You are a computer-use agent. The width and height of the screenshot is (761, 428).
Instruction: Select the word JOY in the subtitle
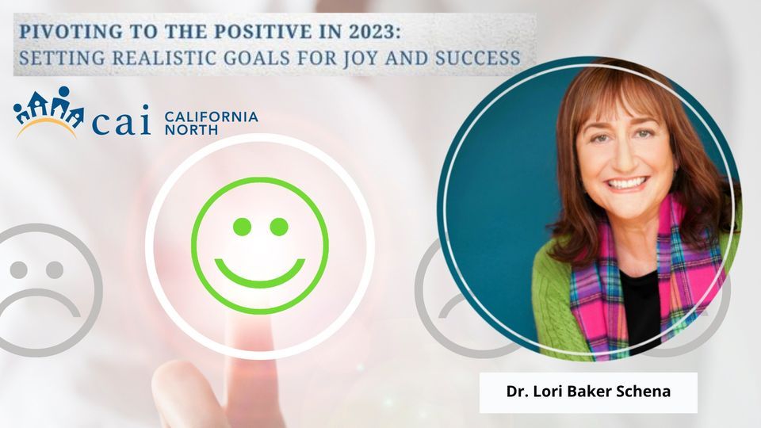[361, 58]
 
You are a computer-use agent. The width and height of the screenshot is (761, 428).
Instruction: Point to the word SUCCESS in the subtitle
[477, 58]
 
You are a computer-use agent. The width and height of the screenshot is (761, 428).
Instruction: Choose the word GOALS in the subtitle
[256, 58]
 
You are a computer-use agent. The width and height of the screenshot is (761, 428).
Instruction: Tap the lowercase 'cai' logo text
[121, 120]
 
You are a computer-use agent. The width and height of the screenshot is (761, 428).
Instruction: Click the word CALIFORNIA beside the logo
[211, 117]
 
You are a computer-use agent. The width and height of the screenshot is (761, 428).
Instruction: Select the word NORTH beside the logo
[191, 130]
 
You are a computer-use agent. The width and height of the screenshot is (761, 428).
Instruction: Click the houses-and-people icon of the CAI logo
[48, 112]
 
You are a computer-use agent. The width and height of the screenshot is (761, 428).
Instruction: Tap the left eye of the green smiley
[243, 227]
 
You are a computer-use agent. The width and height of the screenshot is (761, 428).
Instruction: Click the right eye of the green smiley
[279, 227]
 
